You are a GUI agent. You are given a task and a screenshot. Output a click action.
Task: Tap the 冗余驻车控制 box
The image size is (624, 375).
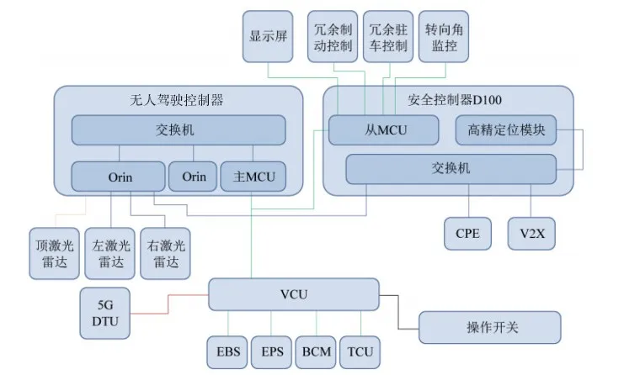[x=387, y=36]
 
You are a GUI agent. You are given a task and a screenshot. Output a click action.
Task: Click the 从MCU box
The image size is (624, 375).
[x=384, y=130]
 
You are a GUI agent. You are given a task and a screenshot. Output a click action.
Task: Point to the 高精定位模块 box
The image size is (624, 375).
[x=506, y=130]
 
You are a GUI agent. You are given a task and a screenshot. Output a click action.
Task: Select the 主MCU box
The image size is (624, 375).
[x=253, y=177]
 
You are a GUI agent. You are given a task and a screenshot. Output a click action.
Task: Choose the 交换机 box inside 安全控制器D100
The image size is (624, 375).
[x=451, y=168]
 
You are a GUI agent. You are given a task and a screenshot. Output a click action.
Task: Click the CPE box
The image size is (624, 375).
[x=467, y=233]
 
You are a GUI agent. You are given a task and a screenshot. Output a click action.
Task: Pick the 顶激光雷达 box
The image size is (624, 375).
[x=54, y=252]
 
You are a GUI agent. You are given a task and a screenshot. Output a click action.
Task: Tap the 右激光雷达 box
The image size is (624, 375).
[x=165, y=252]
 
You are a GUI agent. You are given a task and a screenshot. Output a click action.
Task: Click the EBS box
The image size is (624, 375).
[x=227, y=351]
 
